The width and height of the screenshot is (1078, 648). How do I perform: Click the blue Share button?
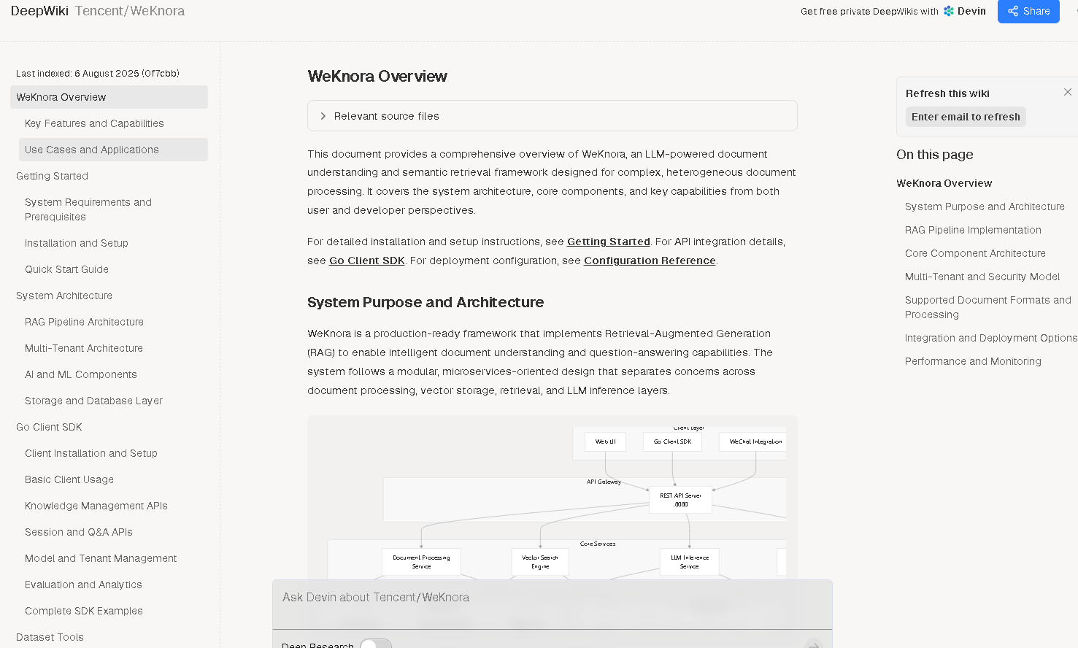click(1028, 11)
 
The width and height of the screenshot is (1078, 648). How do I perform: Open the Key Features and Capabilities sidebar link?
click(94, 123)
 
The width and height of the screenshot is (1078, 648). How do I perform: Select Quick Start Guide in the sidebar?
click(66, 269)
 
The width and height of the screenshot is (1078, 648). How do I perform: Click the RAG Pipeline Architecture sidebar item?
click(84, 322)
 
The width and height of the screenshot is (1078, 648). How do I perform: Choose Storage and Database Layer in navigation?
click(93, 401)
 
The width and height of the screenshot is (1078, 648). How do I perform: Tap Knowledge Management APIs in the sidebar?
click(96, 506)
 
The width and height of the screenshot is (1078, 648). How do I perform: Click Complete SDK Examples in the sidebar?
click(83, 611)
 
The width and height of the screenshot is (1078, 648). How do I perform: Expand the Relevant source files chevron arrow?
click(323, 116)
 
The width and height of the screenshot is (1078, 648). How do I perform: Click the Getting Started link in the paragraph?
click(608, 242)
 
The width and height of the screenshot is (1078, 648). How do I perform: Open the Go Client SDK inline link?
click(366, 261)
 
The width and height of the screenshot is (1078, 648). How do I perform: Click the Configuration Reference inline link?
click(649, 261)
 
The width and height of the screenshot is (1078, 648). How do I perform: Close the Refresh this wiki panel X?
click(1068, 92)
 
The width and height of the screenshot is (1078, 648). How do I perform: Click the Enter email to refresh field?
click(966, 117)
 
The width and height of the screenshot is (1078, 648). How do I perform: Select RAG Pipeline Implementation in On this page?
click(973, 230)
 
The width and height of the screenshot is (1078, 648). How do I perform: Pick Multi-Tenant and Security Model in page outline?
click(982, 277)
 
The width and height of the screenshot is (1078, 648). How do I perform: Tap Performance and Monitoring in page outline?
click(973, 361)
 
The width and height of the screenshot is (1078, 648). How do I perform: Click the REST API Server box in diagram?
click(680, 500)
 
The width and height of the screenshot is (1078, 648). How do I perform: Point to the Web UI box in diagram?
click(605, 441)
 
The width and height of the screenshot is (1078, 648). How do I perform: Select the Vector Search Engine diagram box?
click(540, 562)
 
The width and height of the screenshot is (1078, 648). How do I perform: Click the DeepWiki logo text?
click(39, 11)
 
